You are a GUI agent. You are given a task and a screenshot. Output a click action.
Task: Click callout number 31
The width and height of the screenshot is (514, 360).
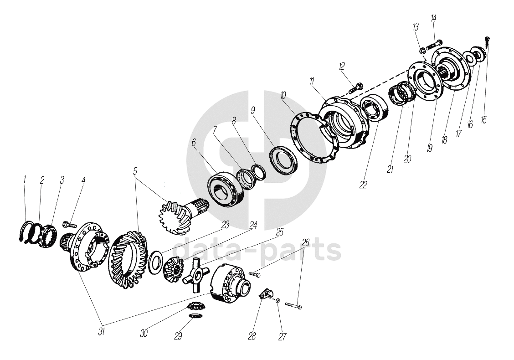[x=102, y=331]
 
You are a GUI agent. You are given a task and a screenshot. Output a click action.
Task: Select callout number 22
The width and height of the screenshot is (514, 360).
[x=363, y=185]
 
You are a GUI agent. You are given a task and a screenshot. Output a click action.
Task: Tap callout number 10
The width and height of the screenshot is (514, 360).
[x=283, y=95]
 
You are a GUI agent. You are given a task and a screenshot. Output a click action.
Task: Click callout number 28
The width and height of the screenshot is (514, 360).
[x=252, y=336]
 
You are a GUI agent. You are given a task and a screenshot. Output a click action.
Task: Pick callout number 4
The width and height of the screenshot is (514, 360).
[x=84, y=180]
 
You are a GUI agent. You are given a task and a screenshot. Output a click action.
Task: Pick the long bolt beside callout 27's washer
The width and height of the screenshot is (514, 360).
[x=293, y=305]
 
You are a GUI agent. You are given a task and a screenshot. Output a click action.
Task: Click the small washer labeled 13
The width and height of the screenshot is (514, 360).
[x=423, y=51]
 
